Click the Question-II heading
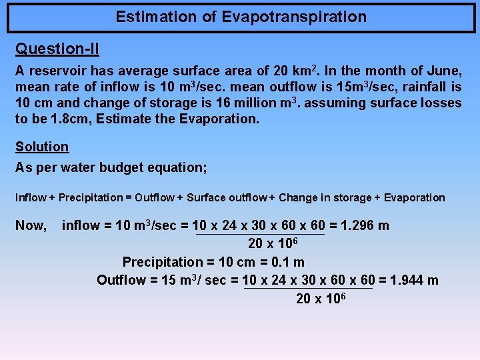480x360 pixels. [x=57, y=49]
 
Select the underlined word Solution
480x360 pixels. [x=42, y=147]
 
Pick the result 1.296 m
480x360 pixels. [x=365, y=225]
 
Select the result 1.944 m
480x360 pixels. [x=414, y=280]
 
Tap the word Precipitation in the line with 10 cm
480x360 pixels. [x=163, y=263]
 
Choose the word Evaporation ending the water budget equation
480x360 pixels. [x=412, y=197]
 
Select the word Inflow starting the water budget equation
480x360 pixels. [x=31, y=197]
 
